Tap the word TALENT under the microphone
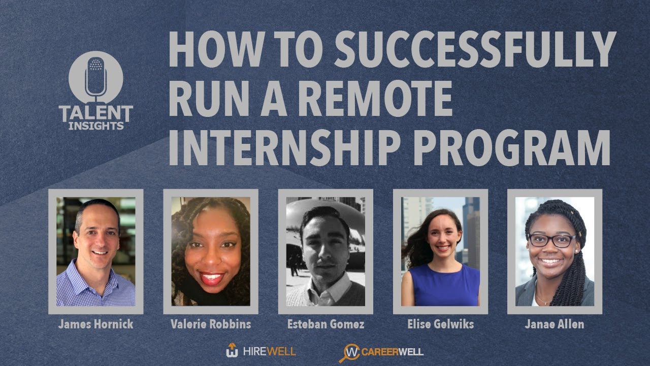pyautogui.click(x=95, y=113)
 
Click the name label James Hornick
pyautogui.click(x=95, y=324)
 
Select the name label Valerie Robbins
pyautogui.click(x=210, y=324)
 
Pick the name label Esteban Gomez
pyautogui.click(x=326, y=324)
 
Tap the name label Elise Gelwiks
pyautogui.click(x=440, y=324)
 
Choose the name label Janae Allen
pyautogui.click(x=555, y=324)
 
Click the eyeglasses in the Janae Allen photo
pyautogui.click(x=552, y=240)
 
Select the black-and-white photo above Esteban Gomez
pyautogui.click(x=326, y=252)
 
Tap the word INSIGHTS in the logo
pyautogui.click(x=95, y=126)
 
